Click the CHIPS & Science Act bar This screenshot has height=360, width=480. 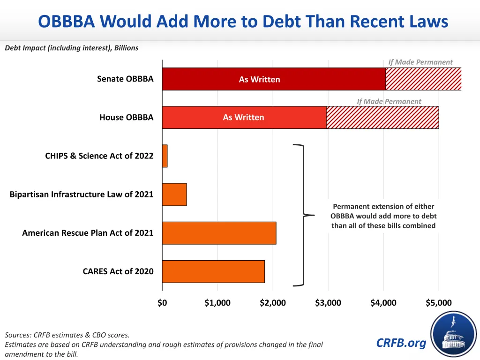coord(165,156)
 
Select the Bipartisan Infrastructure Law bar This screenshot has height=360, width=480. coord(174,195)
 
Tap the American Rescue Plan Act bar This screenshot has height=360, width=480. coord(219,233)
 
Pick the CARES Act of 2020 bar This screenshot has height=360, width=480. coord(213,271)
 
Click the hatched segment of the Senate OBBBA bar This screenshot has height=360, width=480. coord(423,79)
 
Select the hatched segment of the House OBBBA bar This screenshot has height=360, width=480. coord(382,118)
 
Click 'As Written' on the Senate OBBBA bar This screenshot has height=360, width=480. coord(259,80)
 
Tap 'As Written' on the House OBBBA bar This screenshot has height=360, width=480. coord(243,118)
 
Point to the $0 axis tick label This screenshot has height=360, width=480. coord(162,303)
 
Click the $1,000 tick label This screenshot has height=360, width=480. coord(217,303)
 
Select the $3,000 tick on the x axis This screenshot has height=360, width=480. coord(328,303)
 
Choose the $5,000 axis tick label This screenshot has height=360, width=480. coord(439,303)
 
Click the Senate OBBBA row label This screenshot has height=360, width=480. coord(125,79)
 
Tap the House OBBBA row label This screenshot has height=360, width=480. coord(126,118)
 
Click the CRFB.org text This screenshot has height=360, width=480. coord(401,343)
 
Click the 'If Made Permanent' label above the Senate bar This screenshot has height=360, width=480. coord(420,62)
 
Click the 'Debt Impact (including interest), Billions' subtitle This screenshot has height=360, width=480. coord(72,48)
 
